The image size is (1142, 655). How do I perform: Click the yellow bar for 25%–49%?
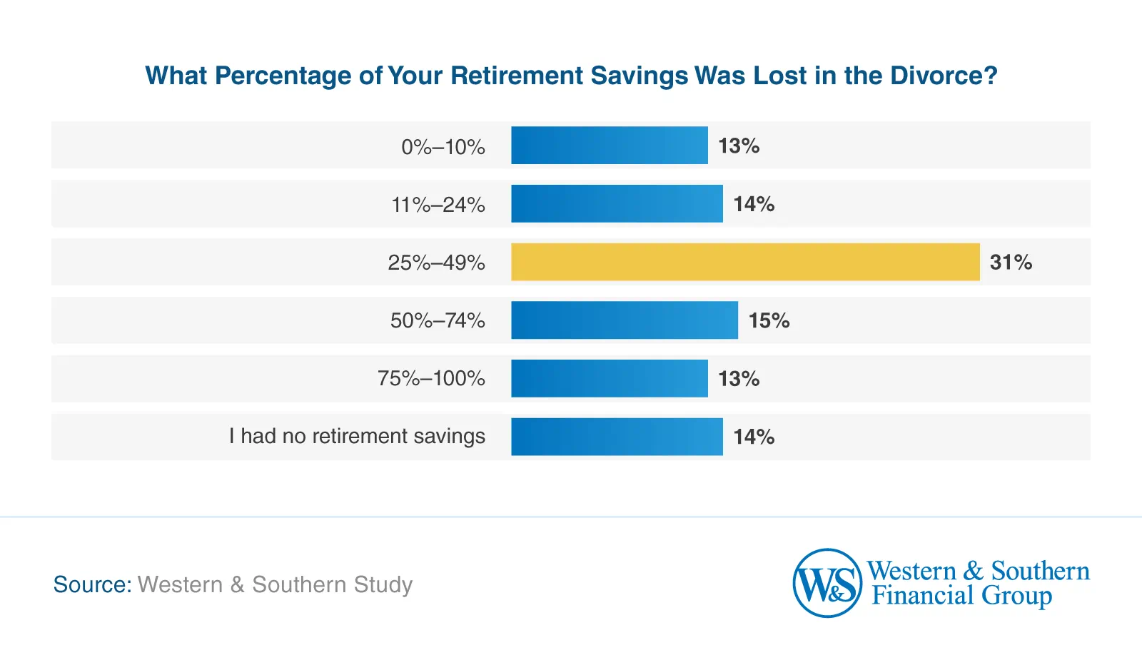tap(745, 262)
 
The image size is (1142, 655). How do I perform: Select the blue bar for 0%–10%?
tap(609, 146)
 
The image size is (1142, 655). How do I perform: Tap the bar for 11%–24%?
tap(617, 204)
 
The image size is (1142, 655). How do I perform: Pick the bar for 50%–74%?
tap(625, 320)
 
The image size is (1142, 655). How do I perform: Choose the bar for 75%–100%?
tap(609, 378)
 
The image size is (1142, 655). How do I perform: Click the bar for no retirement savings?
tap(617, 437)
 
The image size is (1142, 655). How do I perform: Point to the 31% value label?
tap(1011, 263)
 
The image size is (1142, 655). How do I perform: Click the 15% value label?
tap(769, 321)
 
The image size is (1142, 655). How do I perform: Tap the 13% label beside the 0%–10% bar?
tap(739, 146)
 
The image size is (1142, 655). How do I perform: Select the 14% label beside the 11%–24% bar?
tap(754, 205)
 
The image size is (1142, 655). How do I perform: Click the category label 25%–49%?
tap(436, 263)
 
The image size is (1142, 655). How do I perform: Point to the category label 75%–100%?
tap(431, 378)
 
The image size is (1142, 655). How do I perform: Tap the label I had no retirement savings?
tap(357, 436)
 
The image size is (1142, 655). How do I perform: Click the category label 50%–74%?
tap(438, 320)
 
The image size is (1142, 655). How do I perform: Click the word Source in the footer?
tap(91, 584)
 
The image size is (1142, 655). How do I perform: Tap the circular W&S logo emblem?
tap(827, 583)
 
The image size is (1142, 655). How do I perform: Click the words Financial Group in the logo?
tap(961, 596)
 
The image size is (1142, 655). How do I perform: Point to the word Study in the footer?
tap(383, 585)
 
